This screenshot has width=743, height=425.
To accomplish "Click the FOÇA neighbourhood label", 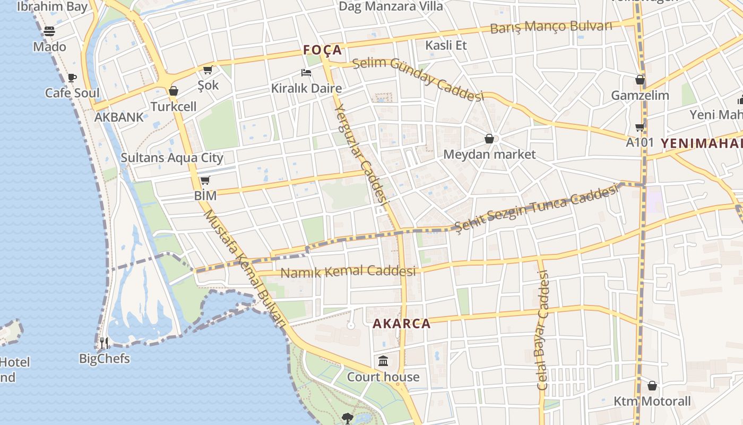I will pos(322,50).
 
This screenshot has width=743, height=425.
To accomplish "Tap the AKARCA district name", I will pos(401,324).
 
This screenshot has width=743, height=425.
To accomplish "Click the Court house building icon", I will pos(383,362).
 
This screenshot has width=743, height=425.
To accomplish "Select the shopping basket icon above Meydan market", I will pos(489,139).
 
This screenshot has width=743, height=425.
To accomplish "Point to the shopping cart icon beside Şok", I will pos(208,70).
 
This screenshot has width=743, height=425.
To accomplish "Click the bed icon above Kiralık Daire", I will pos(306,73).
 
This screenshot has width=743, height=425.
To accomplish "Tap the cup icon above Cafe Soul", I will pos(72,78).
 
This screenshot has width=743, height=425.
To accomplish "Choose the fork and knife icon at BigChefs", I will pos(104,343).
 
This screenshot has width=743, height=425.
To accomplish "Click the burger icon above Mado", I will pos(49,31).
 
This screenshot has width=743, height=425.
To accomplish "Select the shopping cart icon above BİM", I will pos(205,181).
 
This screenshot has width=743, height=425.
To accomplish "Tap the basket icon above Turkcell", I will pos(174,91).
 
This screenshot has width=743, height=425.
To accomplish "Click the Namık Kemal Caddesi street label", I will pos(348,272).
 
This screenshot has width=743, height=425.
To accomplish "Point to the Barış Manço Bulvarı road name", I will pos(551,27).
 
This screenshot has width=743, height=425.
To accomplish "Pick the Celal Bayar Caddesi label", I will pos(542,330).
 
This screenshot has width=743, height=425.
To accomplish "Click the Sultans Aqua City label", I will pos(172,158).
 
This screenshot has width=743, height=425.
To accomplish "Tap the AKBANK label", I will pos(119,117).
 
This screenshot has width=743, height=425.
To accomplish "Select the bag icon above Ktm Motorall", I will pos(652,386).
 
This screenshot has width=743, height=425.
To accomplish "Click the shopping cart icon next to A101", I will pos(640,127).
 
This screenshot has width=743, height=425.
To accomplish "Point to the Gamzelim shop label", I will pos(640,96).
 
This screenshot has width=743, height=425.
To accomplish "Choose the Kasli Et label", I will pos(446,45).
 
